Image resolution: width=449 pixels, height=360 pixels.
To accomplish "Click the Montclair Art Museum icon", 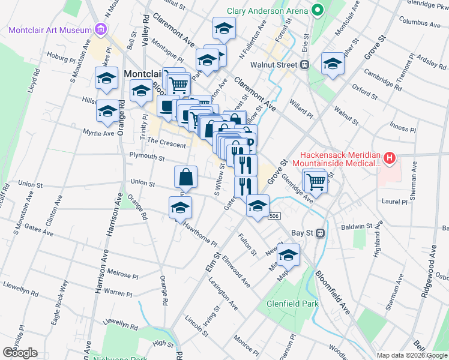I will (x=100, y=30).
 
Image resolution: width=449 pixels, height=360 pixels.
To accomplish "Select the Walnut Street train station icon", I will (x=305, y=64).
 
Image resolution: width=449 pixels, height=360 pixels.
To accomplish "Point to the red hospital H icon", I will (x=390, y=158).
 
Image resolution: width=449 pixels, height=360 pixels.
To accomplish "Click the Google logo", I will (x=19, y=353).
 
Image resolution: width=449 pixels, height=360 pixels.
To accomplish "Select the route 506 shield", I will (x=275, y=216).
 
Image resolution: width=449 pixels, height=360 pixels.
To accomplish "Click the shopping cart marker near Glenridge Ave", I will (x=316, y=181).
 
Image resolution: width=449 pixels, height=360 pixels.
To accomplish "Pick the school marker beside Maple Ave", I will (x=288, y=255).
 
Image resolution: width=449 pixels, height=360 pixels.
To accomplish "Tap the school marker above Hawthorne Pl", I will (x=179, y=208).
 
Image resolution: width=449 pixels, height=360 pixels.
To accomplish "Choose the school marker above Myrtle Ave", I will (x=107, y=111).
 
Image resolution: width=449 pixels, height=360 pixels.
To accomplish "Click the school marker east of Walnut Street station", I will (x=332, y=64).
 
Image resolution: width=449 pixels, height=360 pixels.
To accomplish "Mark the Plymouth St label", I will (x=148, y=157).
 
